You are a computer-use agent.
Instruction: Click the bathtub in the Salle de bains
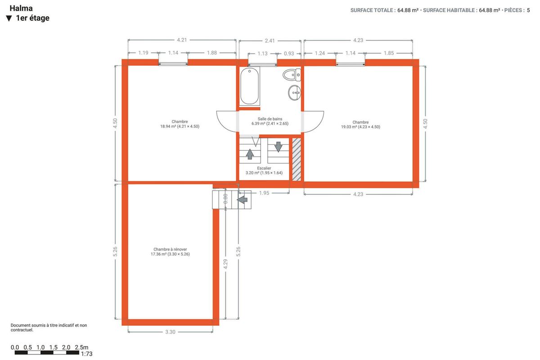click(x=249, y=86)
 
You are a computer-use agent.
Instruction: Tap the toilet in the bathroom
click(x=292, y=75)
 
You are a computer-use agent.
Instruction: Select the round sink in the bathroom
click(x=294, y=93)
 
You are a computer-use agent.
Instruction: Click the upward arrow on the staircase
click(x=250, y=154)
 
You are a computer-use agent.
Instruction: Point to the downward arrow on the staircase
click(x=278, y=147)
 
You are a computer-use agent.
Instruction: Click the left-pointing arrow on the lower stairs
click(x=242, y=200)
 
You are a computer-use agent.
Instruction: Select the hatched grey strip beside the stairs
click(x=297, y=159)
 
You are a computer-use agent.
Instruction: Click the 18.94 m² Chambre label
click(x=180, y=124)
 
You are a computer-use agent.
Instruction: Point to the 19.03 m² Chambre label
click(x=360, y=124)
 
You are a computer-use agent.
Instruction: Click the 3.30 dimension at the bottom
click(x=170, y=332)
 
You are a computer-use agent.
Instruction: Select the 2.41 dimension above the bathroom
click(x=270, y=41)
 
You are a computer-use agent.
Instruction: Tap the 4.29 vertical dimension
click(x=225, y=264)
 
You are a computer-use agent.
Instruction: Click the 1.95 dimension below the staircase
click(x=264, y=193)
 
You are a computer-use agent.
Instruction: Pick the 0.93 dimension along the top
click(x=289, y=54)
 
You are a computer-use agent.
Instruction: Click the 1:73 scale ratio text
click(x=86, y=354)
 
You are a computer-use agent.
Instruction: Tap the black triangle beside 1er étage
click(x=9, y=18)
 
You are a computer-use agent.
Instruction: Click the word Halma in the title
click(x=21, y=8)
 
